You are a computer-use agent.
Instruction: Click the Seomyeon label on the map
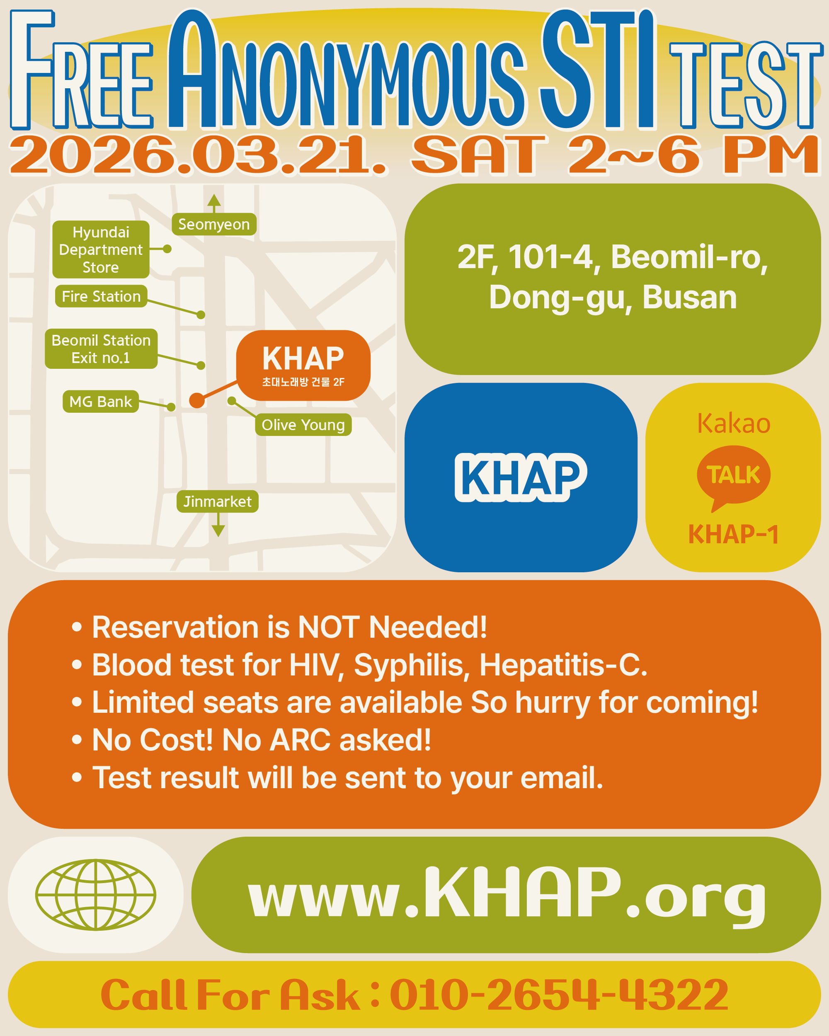coord(214,225)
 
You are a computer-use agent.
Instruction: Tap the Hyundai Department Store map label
coord(101,249)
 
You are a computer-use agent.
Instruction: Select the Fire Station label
coord(101,296)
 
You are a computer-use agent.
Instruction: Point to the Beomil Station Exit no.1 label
coord(101,349)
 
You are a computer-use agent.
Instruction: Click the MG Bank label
coord(100,401)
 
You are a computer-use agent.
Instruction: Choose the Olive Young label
coord(303,425)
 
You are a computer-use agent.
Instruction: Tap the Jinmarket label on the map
coord(217,501)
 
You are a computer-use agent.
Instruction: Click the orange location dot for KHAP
coord(197,400)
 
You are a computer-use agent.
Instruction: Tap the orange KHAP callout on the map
coord(303,365)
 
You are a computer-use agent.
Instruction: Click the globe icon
coord(96,895)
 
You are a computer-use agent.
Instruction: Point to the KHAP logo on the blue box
coord(521,477)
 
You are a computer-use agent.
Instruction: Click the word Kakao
coord(733,424)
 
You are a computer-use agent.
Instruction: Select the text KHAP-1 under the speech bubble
coord(733,534)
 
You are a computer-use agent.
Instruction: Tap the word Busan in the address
coord(689,297)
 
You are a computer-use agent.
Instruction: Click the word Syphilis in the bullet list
coord(411,666)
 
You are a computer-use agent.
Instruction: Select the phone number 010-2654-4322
coord(559,995)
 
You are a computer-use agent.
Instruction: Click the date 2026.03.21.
coord(198,154)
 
